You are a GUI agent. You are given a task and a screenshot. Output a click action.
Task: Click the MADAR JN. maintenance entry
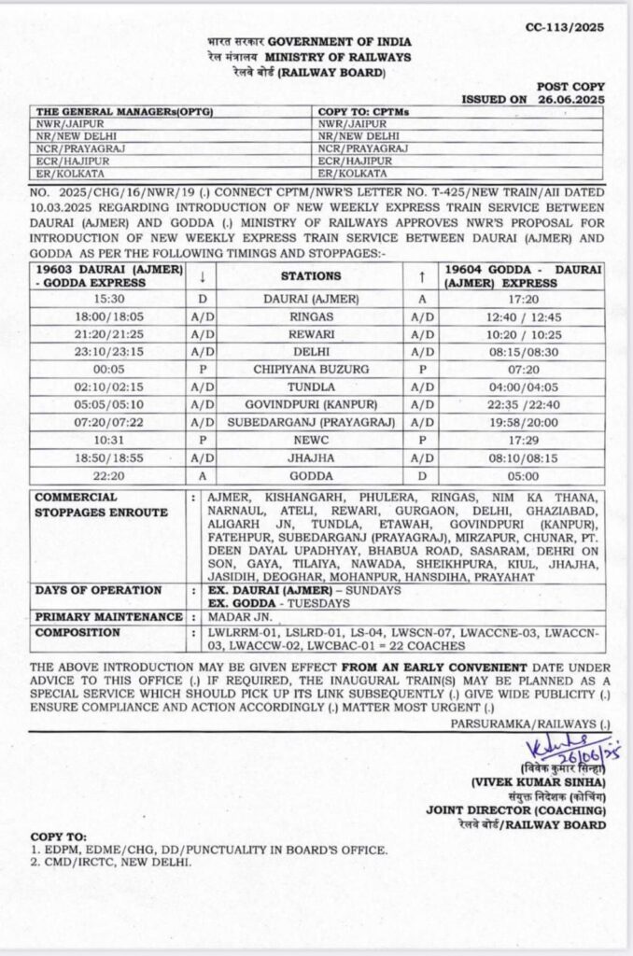[238, 617]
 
